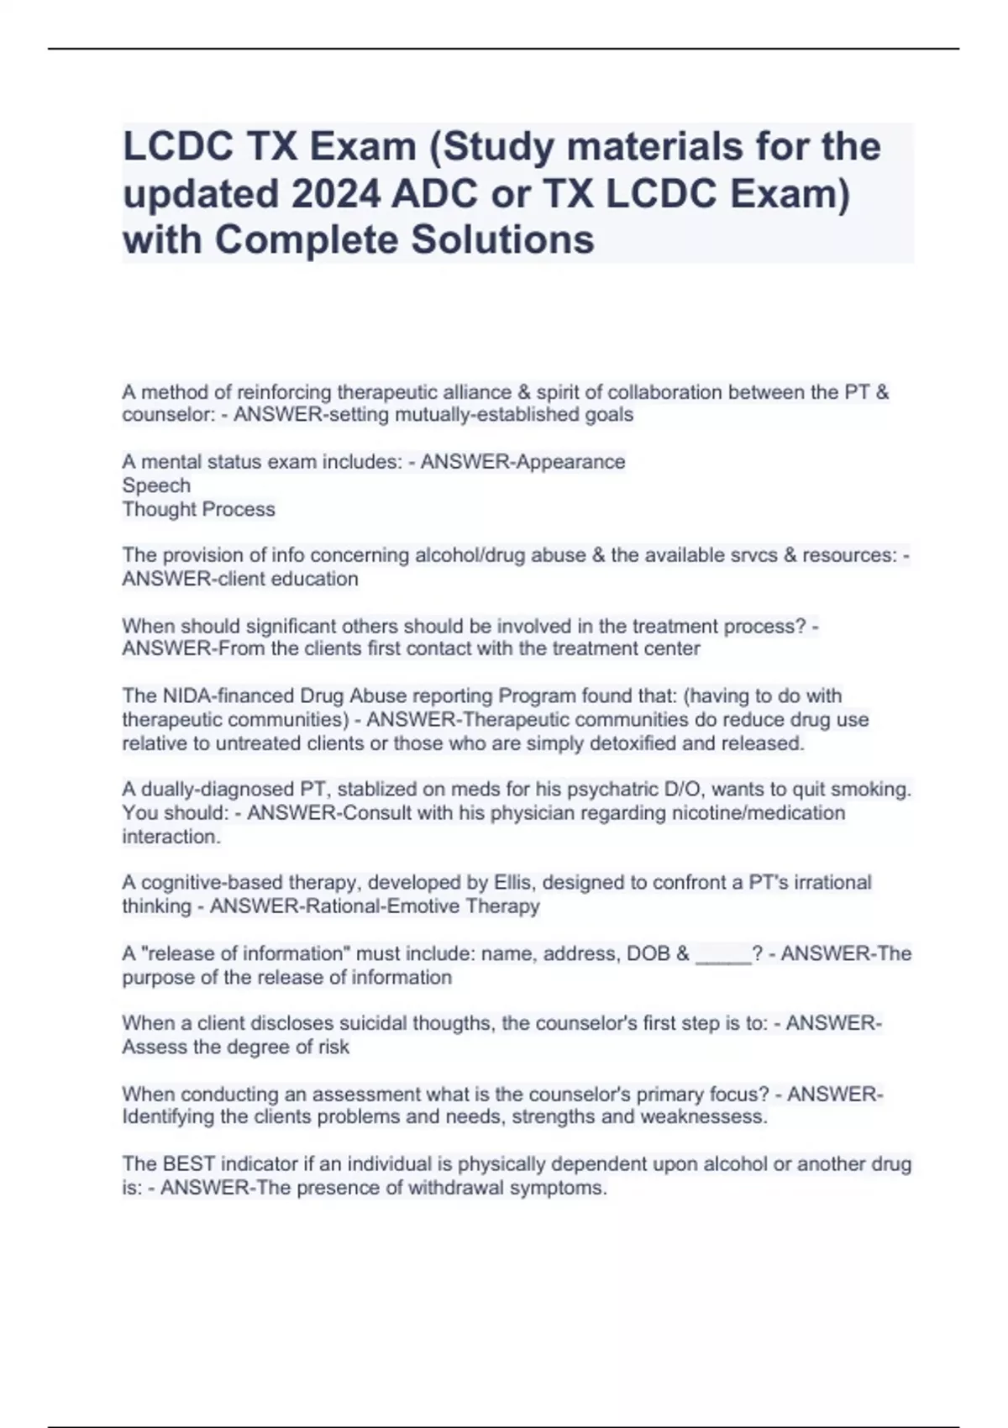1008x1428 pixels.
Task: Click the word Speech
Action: coord(156,486)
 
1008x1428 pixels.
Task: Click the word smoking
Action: coord(874,790)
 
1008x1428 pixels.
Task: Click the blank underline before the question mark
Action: coord(723,956)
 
